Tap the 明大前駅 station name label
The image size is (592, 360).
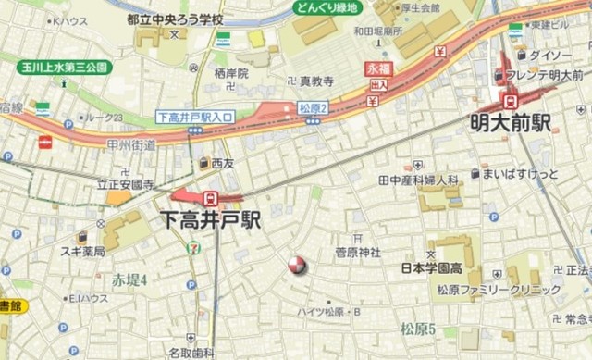[x=511, y=120]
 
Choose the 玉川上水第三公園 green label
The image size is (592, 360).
[x=64, y=67]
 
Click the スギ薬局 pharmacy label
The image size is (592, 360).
[x=85, y=251]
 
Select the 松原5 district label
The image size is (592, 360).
[x=418, y=329]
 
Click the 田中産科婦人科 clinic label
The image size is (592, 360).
[x=419, y=179]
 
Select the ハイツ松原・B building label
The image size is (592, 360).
[x=330, y=312]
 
